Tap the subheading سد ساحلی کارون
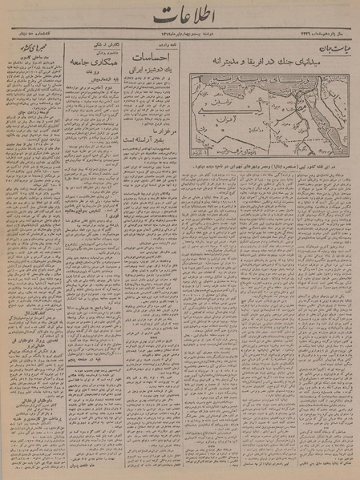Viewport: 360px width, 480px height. pyautogui.click(x=32, y=73)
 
